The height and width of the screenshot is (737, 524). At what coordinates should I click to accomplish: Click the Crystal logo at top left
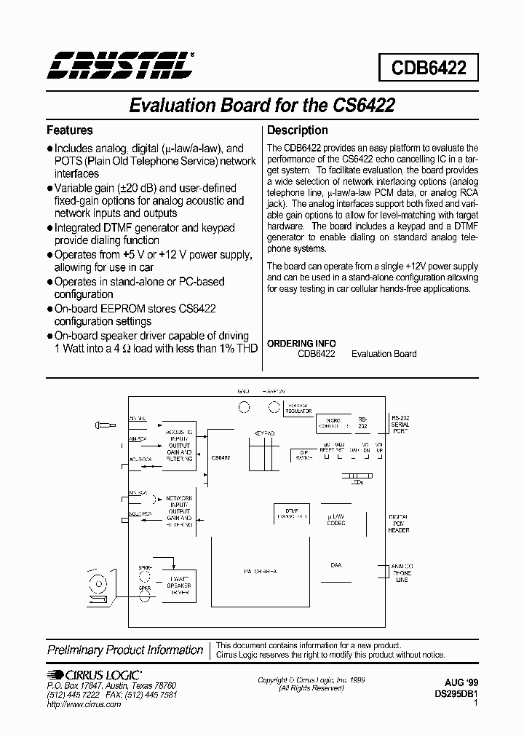click(119, 66)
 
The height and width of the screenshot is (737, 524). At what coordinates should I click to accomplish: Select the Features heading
click(70, 130)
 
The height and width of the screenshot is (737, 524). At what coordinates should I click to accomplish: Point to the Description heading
click(298, 130)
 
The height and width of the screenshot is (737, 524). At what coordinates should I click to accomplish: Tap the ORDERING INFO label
click(301, 343)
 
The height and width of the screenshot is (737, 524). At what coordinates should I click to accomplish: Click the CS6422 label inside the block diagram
click(221, 458)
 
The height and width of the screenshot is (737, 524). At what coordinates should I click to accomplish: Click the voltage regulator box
click(296, 407)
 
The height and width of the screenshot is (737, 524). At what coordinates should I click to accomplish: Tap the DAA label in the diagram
click(336, 565)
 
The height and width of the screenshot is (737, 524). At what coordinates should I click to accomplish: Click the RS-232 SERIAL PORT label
click(400, 424)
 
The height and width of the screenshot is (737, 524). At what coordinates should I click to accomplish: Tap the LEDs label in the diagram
click(356, 483)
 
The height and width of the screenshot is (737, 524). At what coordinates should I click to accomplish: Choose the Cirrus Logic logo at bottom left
click(95, 675)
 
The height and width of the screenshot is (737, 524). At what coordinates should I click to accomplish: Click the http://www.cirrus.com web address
click(84, 704)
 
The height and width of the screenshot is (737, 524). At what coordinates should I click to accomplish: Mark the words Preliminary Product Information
click(125, 650)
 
